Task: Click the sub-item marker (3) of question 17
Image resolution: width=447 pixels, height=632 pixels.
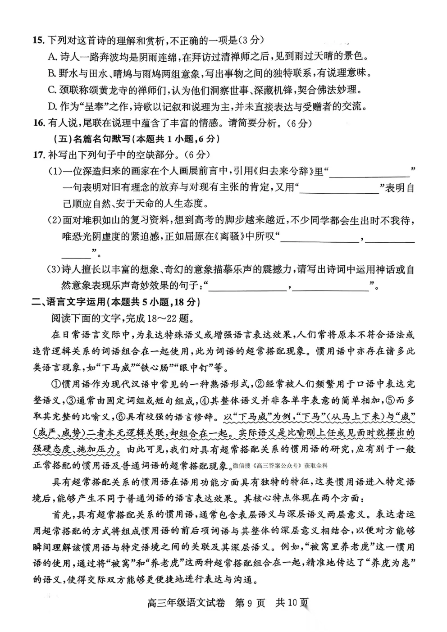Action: click(x=54, y=270)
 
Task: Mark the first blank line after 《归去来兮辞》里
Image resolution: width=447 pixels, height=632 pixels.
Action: click(x=370, y=172)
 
